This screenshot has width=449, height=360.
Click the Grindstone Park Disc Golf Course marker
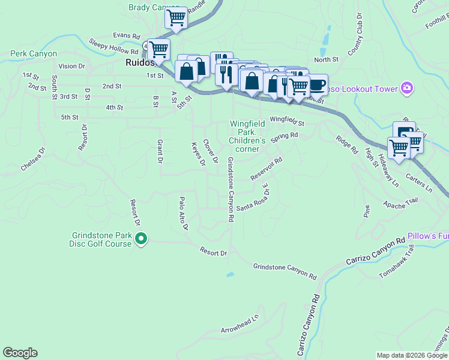tap(141, 239)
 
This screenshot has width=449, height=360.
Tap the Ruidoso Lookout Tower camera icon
tap(408, 89)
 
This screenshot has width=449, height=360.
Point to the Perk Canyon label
tap(34, 53)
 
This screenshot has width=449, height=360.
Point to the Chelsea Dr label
tap(33, 158)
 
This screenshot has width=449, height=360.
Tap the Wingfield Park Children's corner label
tap(244, 136)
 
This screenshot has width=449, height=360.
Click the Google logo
tap(20, 353)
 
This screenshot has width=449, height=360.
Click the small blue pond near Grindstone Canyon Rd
tap(230, 275)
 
